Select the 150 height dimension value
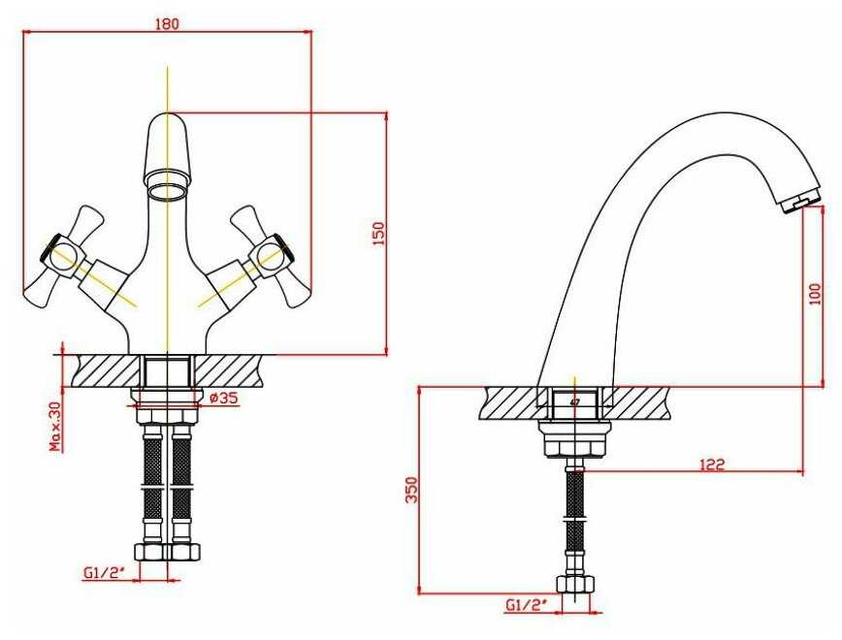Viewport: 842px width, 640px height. [x=378, y=233]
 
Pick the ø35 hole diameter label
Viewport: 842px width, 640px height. [x=224, y=398]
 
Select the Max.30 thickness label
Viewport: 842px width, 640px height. [x=56, y=427]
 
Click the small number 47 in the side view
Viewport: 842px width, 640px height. [x=575, y=400]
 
